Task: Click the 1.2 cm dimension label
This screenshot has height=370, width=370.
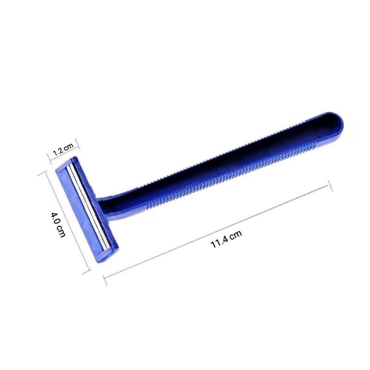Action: (x=63, y=149)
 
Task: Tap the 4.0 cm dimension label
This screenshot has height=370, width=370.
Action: (x=58, y=224)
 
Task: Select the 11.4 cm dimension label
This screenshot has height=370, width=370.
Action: (x=226, y=239)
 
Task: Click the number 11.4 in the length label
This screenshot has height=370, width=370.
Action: (x=219, y=242)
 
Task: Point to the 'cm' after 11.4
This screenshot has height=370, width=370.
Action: (x=236, y=234)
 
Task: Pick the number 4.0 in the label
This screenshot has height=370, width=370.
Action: (x=55, y=218)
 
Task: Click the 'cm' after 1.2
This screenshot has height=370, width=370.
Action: (x=69, y=146)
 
